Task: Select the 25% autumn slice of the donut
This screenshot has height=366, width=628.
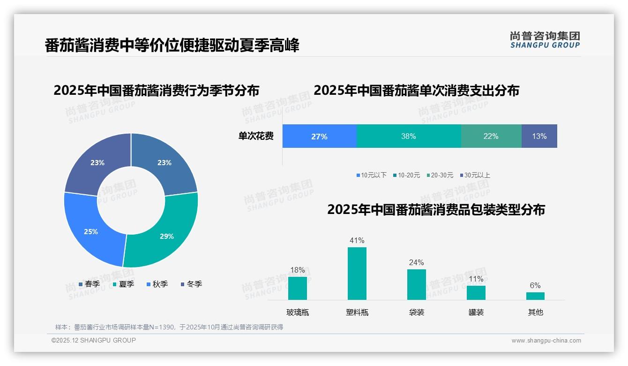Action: (91, 231)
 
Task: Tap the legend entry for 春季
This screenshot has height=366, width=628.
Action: (89, 284)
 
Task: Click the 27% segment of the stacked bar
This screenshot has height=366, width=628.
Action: (319, 137)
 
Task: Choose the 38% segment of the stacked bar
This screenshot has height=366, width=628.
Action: (408, 137)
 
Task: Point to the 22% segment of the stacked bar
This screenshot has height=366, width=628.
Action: (491, 137)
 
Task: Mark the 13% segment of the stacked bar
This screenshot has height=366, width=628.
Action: (539, 137)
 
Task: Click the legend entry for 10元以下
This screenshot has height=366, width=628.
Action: (371, 175)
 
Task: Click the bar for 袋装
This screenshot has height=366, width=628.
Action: (416, 284)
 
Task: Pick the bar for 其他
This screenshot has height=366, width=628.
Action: (535, 296)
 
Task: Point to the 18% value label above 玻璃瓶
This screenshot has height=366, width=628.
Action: (298, 270)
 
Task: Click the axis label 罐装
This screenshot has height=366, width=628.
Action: (476, 312)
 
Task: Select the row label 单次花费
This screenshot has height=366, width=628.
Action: (256, 137)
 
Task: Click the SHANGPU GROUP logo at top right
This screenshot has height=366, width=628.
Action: (545, 40)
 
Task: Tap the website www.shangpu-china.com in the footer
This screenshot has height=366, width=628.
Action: (546, 341)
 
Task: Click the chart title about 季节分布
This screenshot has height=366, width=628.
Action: (156, 90)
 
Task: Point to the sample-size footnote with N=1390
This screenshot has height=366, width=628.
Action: (169, 327)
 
